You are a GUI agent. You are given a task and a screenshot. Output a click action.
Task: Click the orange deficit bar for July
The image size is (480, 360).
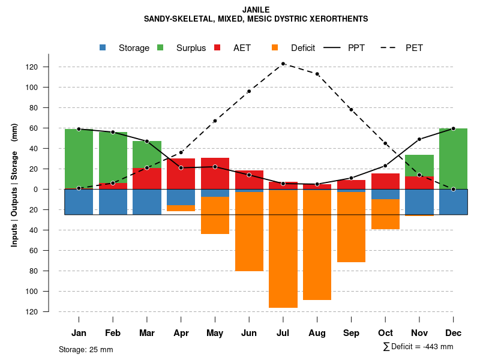[283, 249]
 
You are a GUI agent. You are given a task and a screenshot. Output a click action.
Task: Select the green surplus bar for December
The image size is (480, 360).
[453, 159]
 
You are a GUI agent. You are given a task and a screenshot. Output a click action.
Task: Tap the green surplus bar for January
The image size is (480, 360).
[79, 159]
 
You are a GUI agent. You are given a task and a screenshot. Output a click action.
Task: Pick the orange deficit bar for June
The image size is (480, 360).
[249, 231]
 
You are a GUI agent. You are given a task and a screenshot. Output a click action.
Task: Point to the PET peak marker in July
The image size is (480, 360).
[283, 64]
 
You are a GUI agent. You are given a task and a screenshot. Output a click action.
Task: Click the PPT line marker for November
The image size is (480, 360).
[419, 139]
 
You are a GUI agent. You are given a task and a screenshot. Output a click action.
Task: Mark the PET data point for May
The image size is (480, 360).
[215, 121]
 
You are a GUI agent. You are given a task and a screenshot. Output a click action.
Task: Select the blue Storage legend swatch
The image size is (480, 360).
[104, 48]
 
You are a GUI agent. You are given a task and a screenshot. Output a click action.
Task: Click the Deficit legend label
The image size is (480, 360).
[303, 48]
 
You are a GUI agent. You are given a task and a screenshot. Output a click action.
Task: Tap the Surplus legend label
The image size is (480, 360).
[191, 48]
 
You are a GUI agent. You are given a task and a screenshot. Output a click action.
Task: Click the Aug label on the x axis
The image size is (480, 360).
[317, 333]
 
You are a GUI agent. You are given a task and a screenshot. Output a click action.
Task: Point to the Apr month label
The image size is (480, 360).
[181, 333]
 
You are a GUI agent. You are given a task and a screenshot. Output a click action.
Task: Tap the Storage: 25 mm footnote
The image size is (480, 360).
[86, 349]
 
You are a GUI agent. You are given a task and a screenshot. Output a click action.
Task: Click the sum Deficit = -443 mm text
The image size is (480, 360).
[418, 347]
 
